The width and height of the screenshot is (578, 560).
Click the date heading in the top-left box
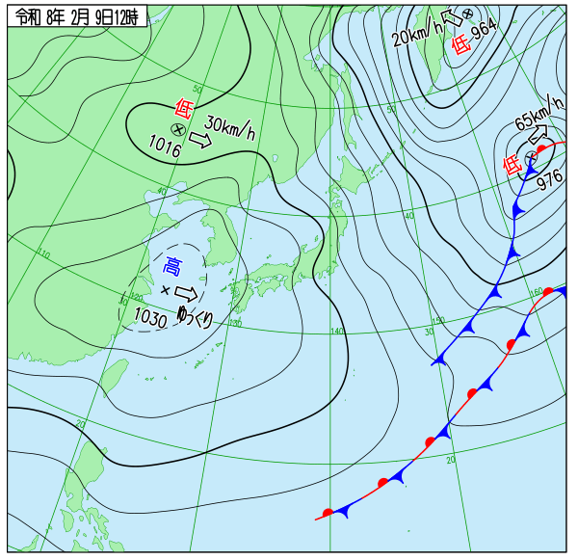pyautogui.click(x=76, y=16)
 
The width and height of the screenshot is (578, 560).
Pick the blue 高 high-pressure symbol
pyautogui.click(x=172, y=266)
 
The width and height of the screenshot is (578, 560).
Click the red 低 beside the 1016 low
pyautogui.click(x=182, y=109)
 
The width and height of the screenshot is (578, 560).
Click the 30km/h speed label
pyautogui.click(x=231, y=128)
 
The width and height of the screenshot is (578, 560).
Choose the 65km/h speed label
pyautogui.click(x=538, y=112)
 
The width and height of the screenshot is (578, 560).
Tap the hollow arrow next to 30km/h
pyautogui.click(x=199, y=141)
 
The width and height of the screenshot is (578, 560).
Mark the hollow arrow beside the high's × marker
pyautogui.click(x=187, y=293)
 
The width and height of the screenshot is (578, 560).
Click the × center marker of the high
pyautogui.click(x=165, y=290)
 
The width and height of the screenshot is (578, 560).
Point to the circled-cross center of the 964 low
pyautogui.click(x=467, y=13)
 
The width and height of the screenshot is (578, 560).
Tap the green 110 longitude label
pyautogui.click(x=43, y=253)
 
